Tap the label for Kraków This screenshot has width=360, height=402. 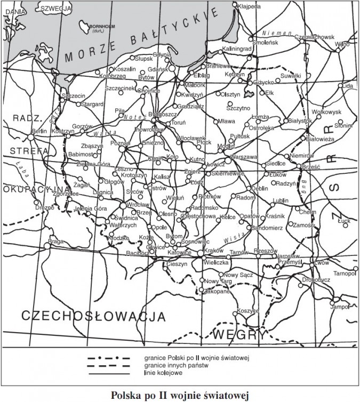click(213, 250)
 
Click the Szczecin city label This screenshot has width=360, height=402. click(74, 96)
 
